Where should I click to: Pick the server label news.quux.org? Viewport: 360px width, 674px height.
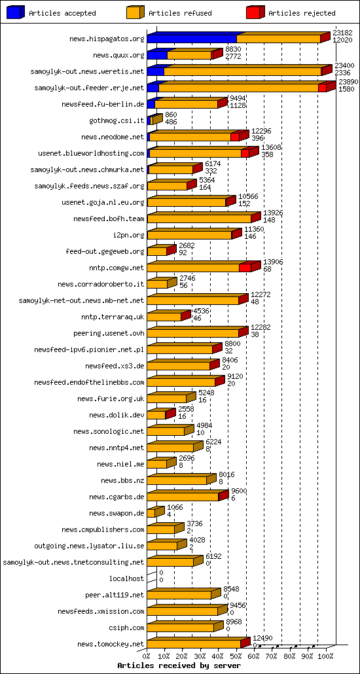pyautogui.click(x=118, y=56)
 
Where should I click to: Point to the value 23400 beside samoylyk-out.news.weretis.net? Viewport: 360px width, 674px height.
pyautogui.click(x=344, y=65)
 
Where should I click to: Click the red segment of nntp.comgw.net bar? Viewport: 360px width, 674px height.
pyautogui.click(x=245, y=268)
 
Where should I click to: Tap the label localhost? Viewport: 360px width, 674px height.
pyautogui.click(x=126, y=578)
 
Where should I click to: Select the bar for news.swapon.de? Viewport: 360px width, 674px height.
pyautogui.click(x=151, y=513)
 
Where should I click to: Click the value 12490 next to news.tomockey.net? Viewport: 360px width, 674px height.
pyautogui.click(x=262, y=638)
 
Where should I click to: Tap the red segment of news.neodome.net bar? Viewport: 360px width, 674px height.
pyautogui.click(x=235, y=137)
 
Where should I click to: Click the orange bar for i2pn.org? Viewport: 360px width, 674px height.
pyautogui.click(x=189, y=235)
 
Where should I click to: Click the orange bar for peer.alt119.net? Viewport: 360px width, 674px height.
pyautogui.click(x=179, y=595)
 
